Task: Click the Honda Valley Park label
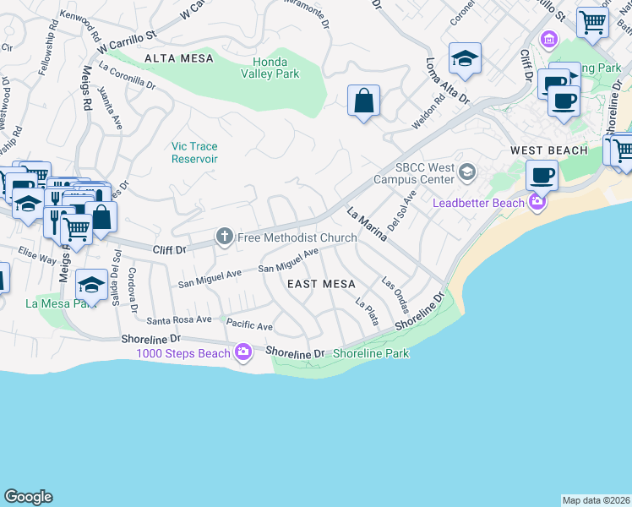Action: tap(276, 68)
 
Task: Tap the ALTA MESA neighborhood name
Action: tap(179, 58)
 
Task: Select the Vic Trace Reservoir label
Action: tap(195, 152)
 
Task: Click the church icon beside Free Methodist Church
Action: tap(225, 237)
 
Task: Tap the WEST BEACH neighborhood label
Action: tap(548, 150)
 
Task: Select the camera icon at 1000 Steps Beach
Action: tap(243, 352)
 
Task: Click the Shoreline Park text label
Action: tap(372, 353)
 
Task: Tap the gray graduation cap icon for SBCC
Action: tap(466, 173)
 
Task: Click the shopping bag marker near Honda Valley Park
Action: tap(363, 101)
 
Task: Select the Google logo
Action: tap(28, 497)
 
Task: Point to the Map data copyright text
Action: tap(596, 499)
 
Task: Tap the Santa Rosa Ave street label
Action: tap(180, 320)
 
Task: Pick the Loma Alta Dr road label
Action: tap(448, 81)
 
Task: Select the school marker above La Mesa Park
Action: tap(91, 283)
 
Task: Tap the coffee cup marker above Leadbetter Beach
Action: tap(542, 175)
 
